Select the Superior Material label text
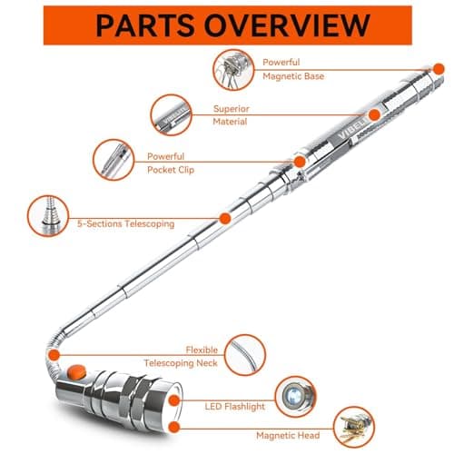pyautogui.click(x=231, y=114)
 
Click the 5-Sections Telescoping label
pyautogui.click(x=126, y=223)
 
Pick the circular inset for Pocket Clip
pyautogui.click(x=116, y=160)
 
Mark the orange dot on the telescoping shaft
pyautogui.click(x=223, y=218)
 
